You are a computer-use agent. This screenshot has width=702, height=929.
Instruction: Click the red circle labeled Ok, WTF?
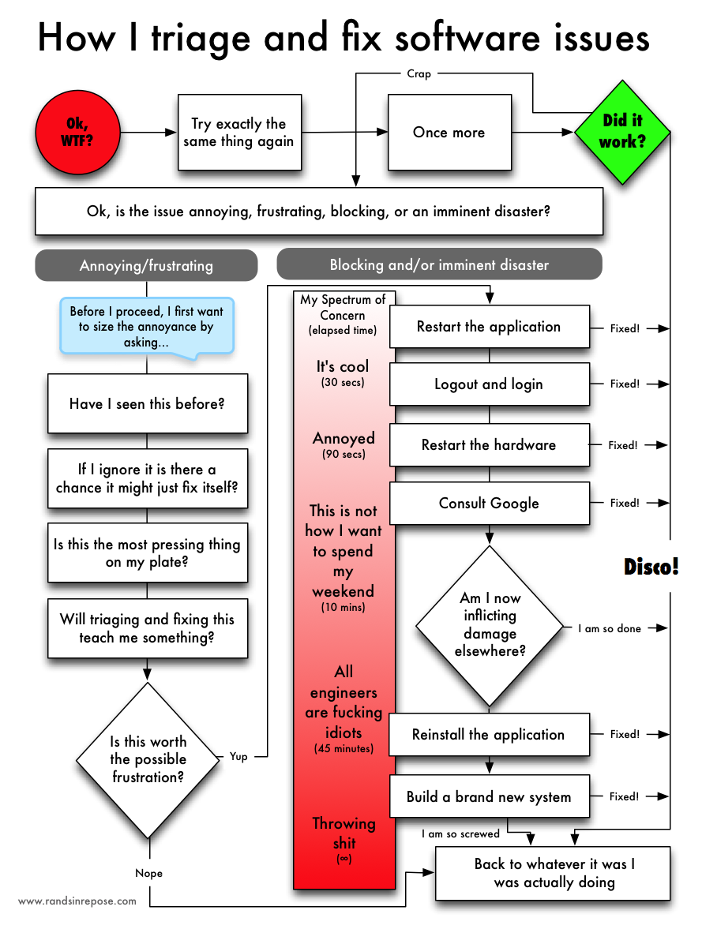point(77,132)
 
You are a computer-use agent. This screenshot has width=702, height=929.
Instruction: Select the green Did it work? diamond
point(624,132)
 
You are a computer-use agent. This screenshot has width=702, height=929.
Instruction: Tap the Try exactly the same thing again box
point(238,132)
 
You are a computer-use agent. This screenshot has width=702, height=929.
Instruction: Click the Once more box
point(449,132)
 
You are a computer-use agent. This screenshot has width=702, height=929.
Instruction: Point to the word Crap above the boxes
point(419,73)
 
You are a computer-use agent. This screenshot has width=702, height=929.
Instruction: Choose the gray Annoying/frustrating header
point(146,265)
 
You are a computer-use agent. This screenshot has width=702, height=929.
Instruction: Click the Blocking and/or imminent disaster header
point(439,264)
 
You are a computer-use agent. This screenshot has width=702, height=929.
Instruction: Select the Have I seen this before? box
point(147,403)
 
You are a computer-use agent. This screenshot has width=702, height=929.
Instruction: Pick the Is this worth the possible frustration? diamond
point(148,759)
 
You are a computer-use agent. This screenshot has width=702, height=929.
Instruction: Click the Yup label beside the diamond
point(238,756)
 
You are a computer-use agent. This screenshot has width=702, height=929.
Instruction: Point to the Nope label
point(148,873)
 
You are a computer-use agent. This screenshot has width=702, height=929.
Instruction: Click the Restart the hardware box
point(489,445)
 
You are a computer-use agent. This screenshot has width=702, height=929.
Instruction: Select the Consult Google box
point(489,503)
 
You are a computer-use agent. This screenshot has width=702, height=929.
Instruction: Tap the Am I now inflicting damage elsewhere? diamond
point(490,626)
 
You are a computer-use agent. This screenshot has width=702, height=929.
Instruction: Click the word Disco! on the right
point(651,566)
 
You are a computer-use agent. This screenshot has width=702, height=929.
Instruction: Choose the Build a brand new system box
point(489,796)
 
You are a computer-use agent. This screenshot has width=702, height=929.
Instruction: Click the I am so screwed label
point(460,833)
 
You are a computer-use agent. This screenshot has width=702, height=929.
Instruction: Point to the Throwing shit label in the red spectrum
point(343,833)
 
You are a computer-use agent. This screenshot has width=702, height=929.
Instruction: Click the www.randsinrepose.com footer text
point(77,901)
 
